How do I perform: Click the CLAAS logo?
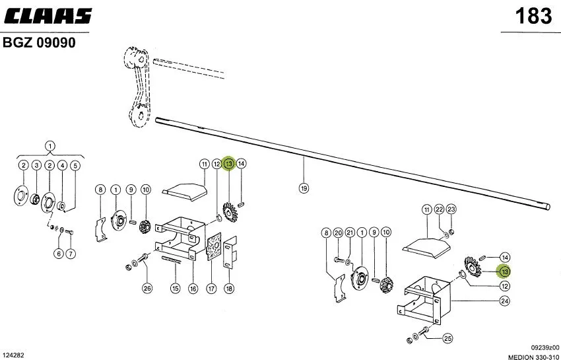coord(48,16)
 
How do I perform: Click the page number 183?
coord(533,16)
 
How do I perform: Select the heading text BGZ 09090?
coord(39,43)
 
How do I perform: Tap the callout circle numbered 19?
coord(304,188)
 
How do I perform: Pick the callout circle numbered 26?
coord(147,288)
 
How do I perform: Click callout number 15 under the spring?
coord(175,288)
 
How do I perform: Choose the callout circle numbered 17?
coord(211,288)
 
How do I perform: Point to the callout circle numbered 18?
coord(229,288)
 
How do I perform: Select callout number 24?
coord(504,301)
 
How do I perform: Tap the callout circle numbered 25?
coord(447,338)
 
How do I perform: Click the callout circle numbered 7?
coord(71,254)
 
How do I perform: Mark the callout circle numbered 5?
coord(75,166)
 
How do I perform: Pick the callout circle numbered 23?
coord(451,209)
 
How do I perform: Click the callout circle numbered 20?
coord(338,233)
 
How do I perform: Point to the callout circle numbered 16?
coord(193,288)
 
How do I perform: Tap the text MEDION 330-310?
coord(533,357)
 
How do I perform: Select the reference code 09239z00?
coord(545,347)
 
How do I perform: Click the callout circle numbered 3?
coord(36,166)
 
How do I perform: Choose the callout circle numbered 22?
coord(440,209)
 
